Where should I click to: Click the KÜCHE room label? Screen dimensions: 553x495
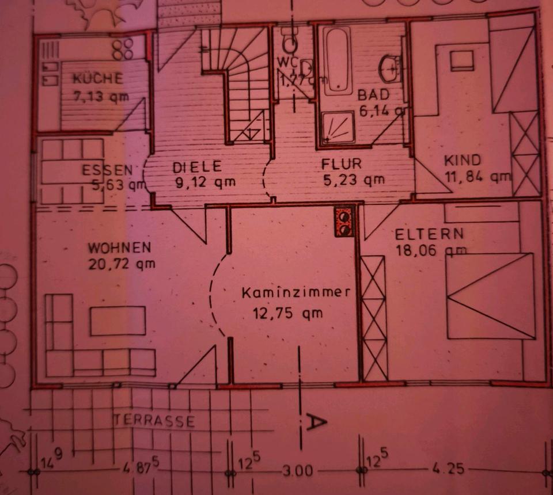pyautogui.click(x=97, y=78)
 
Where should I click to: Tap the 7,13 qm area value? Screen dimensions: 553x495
pyautogui.click(x=101, y=96)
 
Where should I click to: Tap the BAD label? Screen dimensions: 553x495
pyautogui.click(x=373, y=94)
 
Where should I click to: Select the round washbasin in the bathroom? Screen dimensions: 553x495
pyautogui.click(x=391, y=69)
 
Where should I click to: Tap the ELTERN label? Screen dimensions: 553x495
pyautogui.click(x=429, y=234)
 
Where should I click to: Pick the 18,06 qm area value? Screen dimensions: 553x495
pyautogui.click(x=430, y=250)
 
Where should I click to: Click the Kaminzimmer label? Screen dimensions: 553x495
pyautogui.click(x=296, y=292)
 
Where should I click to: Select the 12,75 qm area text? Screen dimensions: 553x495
pyautogui.click(x=287, y=314)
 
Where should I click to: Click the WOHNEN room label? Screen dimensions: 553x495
pyautogui.click(x=119, y=248)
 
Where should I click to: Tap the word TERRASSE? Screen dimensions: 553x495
pyautogui.click(x=154, y=421)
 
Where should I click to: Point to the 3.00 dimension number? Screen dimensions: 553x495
pyautogui.click(x=298, y=471)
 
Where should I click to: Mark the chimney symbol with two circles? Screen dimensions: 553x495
pyautogui.click(x=344, y=222)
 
